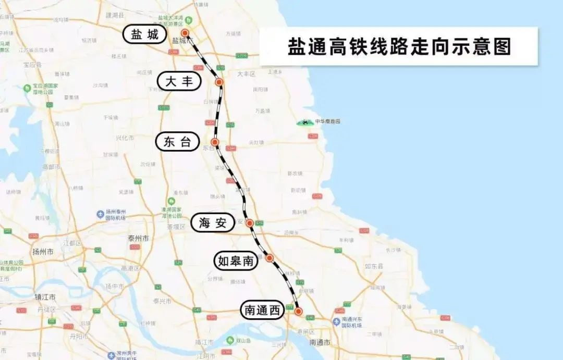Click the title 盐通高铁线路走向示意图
coord(399,46)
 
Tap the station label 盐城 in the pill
coord(145,35)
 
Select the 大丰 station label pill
coord(179,81)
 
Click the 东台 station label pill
coord(178,142)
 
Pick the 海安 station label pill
coord(213,223)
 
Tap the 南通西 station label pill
coord(262,311)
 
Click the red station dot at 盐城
coord(184,33)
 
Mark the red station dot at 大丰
coord(219,82)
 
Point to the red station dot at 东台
coord(214,142)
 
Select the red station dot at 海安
coord(250,223)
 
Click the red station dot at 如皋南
coord(270,257)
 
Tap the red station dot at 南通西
coord(298,311)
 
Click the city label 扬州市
coord(43,252)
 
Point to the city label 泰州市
coord(138,238)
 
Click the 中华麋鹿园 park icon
coord(302,122)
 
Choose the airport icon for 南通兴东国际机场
coord(337,321)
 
